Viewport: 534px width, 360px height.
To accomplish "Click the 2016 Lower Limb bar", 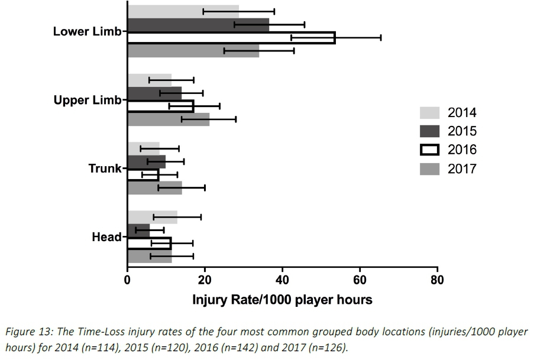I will (x=231, y=38).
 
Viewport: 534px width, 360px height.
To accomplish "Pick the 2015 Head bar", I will (x=138, y=230).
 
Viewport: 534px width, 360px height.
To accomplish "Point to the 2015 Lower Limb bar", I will (x=198, y=25).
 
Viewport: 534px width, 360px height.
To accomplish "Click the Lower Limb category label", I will (x=87, y=31).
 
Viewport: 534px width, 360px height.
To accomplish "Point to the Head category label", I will (x=106, y=237).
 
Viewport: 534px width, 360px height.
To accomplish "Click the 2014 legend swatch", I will (x=430, y=113).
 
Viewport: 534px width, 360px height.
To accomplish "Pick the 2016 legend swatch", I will (x=430, y=150).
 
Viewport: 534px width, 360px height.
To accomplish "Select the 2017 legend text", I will (x=462, y=170).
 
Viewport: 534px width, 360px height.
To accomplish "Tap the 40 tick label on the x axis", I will (x=282, y=281).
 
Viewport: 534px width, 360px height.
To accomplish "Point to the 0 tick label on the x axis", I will (x=127, y=281).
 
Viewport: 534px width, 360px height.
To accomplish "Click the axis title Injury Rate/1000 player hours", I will (x=282, y=300).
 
